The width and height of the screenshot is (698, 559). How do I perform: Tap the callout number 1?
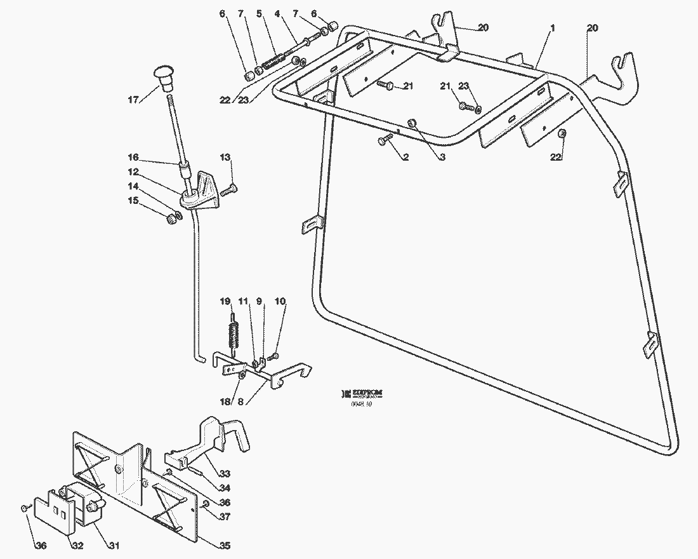pyautogui.click(x=553, y=28)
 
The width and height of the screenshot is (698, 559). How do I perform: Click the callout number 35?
pyautogui.click(x=225, y=546)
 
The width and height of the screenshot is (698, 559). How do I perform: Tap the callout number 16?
pyautogui.click(x=133, y=157)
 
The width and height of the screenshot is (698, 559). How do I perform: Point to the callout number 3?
pyautogui.click(x=442, y=157)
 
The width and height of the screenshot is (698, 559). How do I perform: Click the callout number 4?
pyautogui.click(x=277, y=13)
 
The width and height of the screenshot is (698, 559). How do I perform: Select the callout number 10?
pyautogui.click(x=280, y=301)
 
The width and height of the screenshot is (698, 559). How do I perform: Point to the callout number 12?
pyautogui.click(x=133, y=172)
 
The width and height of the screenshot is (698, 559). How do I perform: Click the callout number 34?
pyautogui.click(x=225, y=487)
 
